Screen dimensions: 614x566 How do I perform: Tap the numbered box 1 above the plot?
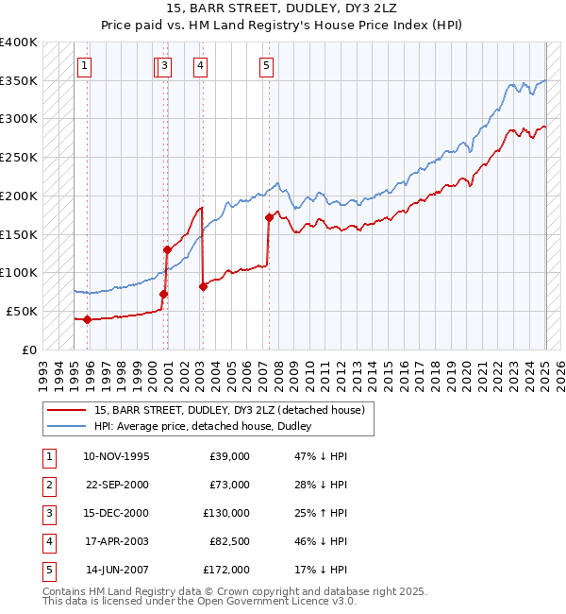85,65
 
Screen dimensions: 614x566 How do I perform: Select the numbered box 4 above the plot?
202,65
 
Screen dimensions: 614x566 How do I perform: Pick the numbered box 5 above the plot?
267,65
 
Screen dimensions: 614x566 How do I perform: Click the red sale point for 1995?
87,319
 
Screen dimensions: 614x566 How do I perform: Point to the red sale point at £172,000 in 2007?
269,217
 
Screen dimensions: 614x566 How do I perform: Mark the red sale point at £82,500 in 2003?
203,286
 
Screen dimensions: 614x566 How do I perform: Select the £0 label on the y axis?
29,350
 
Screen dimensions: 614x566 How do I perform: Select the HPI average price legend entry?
202,427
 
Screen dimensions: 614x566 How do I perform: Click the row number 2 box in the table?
47,485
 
